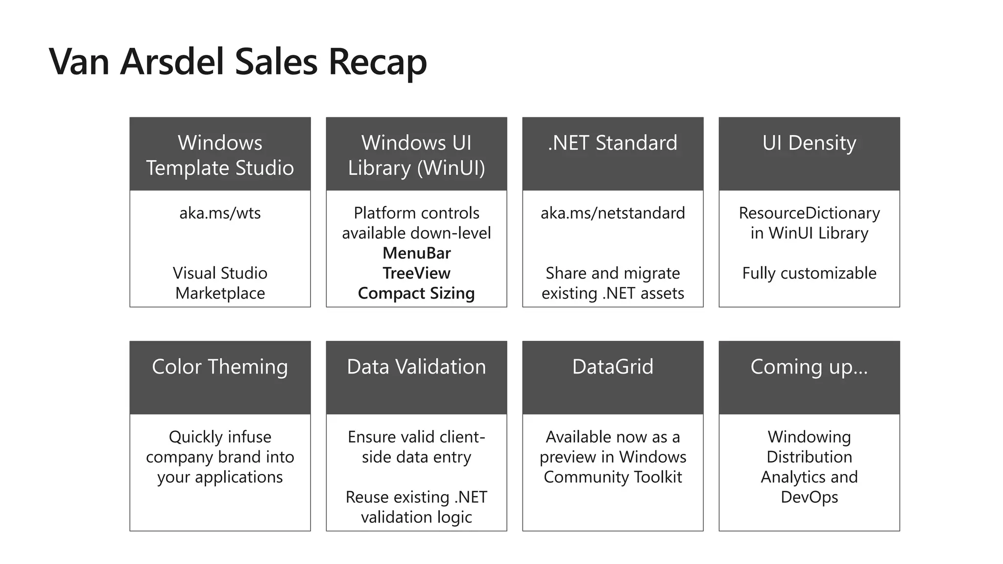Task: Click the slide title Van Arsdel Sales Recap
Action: (x=238, y=62)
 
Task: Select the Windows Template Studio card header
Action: (x=220, y=155)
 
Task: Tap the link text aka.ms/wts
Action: (x=220, y=213)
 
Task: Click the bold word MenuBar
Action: (x=416, y=253)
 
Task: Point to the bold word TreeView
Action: (x=416, y=273)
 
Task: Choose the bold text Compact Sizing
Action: (x=416, y=293)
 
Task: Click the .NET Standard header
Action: (x=613, y=143)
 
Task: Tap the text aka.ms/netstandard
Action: (x=613, y=213)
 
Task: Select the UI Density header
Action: (x=809, y=143)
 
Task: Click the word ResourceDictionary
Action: (x=809, y=213)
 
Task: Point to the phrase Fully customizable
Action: (x=809, y=273)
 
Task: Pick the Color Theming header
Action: (x=220, y=367)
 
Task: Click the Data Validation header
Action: (x=416, y=367)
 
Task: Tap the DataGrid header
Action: (x=613, y=367)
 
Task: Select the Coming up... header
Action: (x=809, y=367)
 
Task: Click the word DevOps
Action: (x=809, y=497)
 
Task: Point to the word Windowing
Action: (x=809, y=437)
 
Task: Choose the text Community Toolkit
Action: (x=613, y=477)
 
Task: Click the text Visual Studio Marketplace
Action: (x=220, y=283)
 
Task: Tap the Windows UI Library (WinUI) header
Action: (x=416, y=155)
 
